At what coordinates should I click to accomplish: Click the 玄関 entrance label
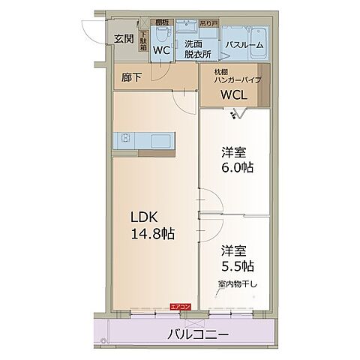point(124,39)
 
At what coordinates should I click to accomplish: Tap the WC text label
point(161,51)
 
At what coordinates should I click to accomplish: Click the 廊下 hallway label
point(132,76)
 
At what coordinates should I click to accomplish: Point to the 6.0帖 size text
point(237,167)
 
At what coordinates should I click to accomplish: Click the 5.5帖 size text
point(237,265)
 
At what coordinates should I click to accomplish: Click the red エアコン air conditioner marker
point(180,306)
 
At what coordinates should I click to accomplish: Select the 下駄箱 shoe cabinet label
point(142,39)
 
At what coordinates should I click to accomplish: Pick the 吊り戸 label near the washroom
point(215,22)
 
